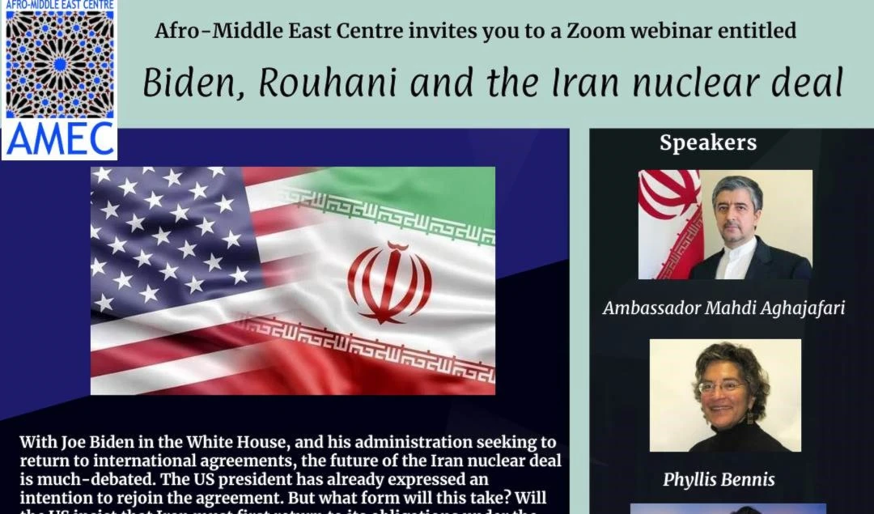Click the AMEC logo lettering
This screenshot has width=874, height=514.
point(59,138)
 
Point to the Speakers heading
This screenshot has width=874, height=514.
point(708,143)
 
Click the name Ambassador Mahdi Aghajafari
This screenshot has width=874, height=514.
point(723,308)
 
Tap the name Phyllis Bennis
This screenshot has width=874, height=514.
point(719,479)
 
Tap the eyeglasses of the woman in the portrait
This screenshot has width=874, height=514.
point(722,387)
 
